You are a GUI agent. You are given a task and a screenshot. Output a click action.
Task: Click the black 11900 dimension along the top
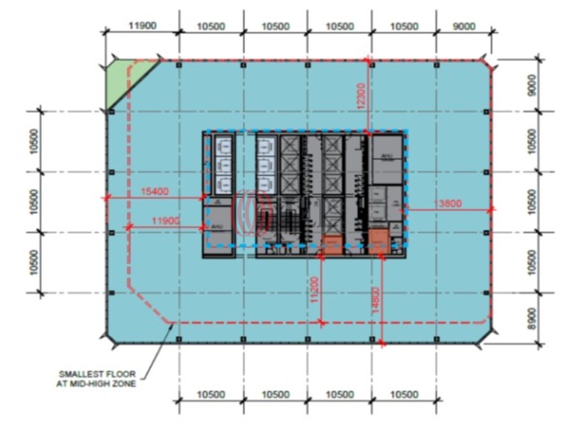tap(142, 26)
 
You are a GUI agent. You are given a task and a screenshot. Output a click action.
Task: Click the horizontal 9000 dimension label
tap(464, 26)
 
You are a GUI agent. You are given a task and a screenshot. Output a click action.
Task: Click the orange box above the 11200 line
tap(331, 244)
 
